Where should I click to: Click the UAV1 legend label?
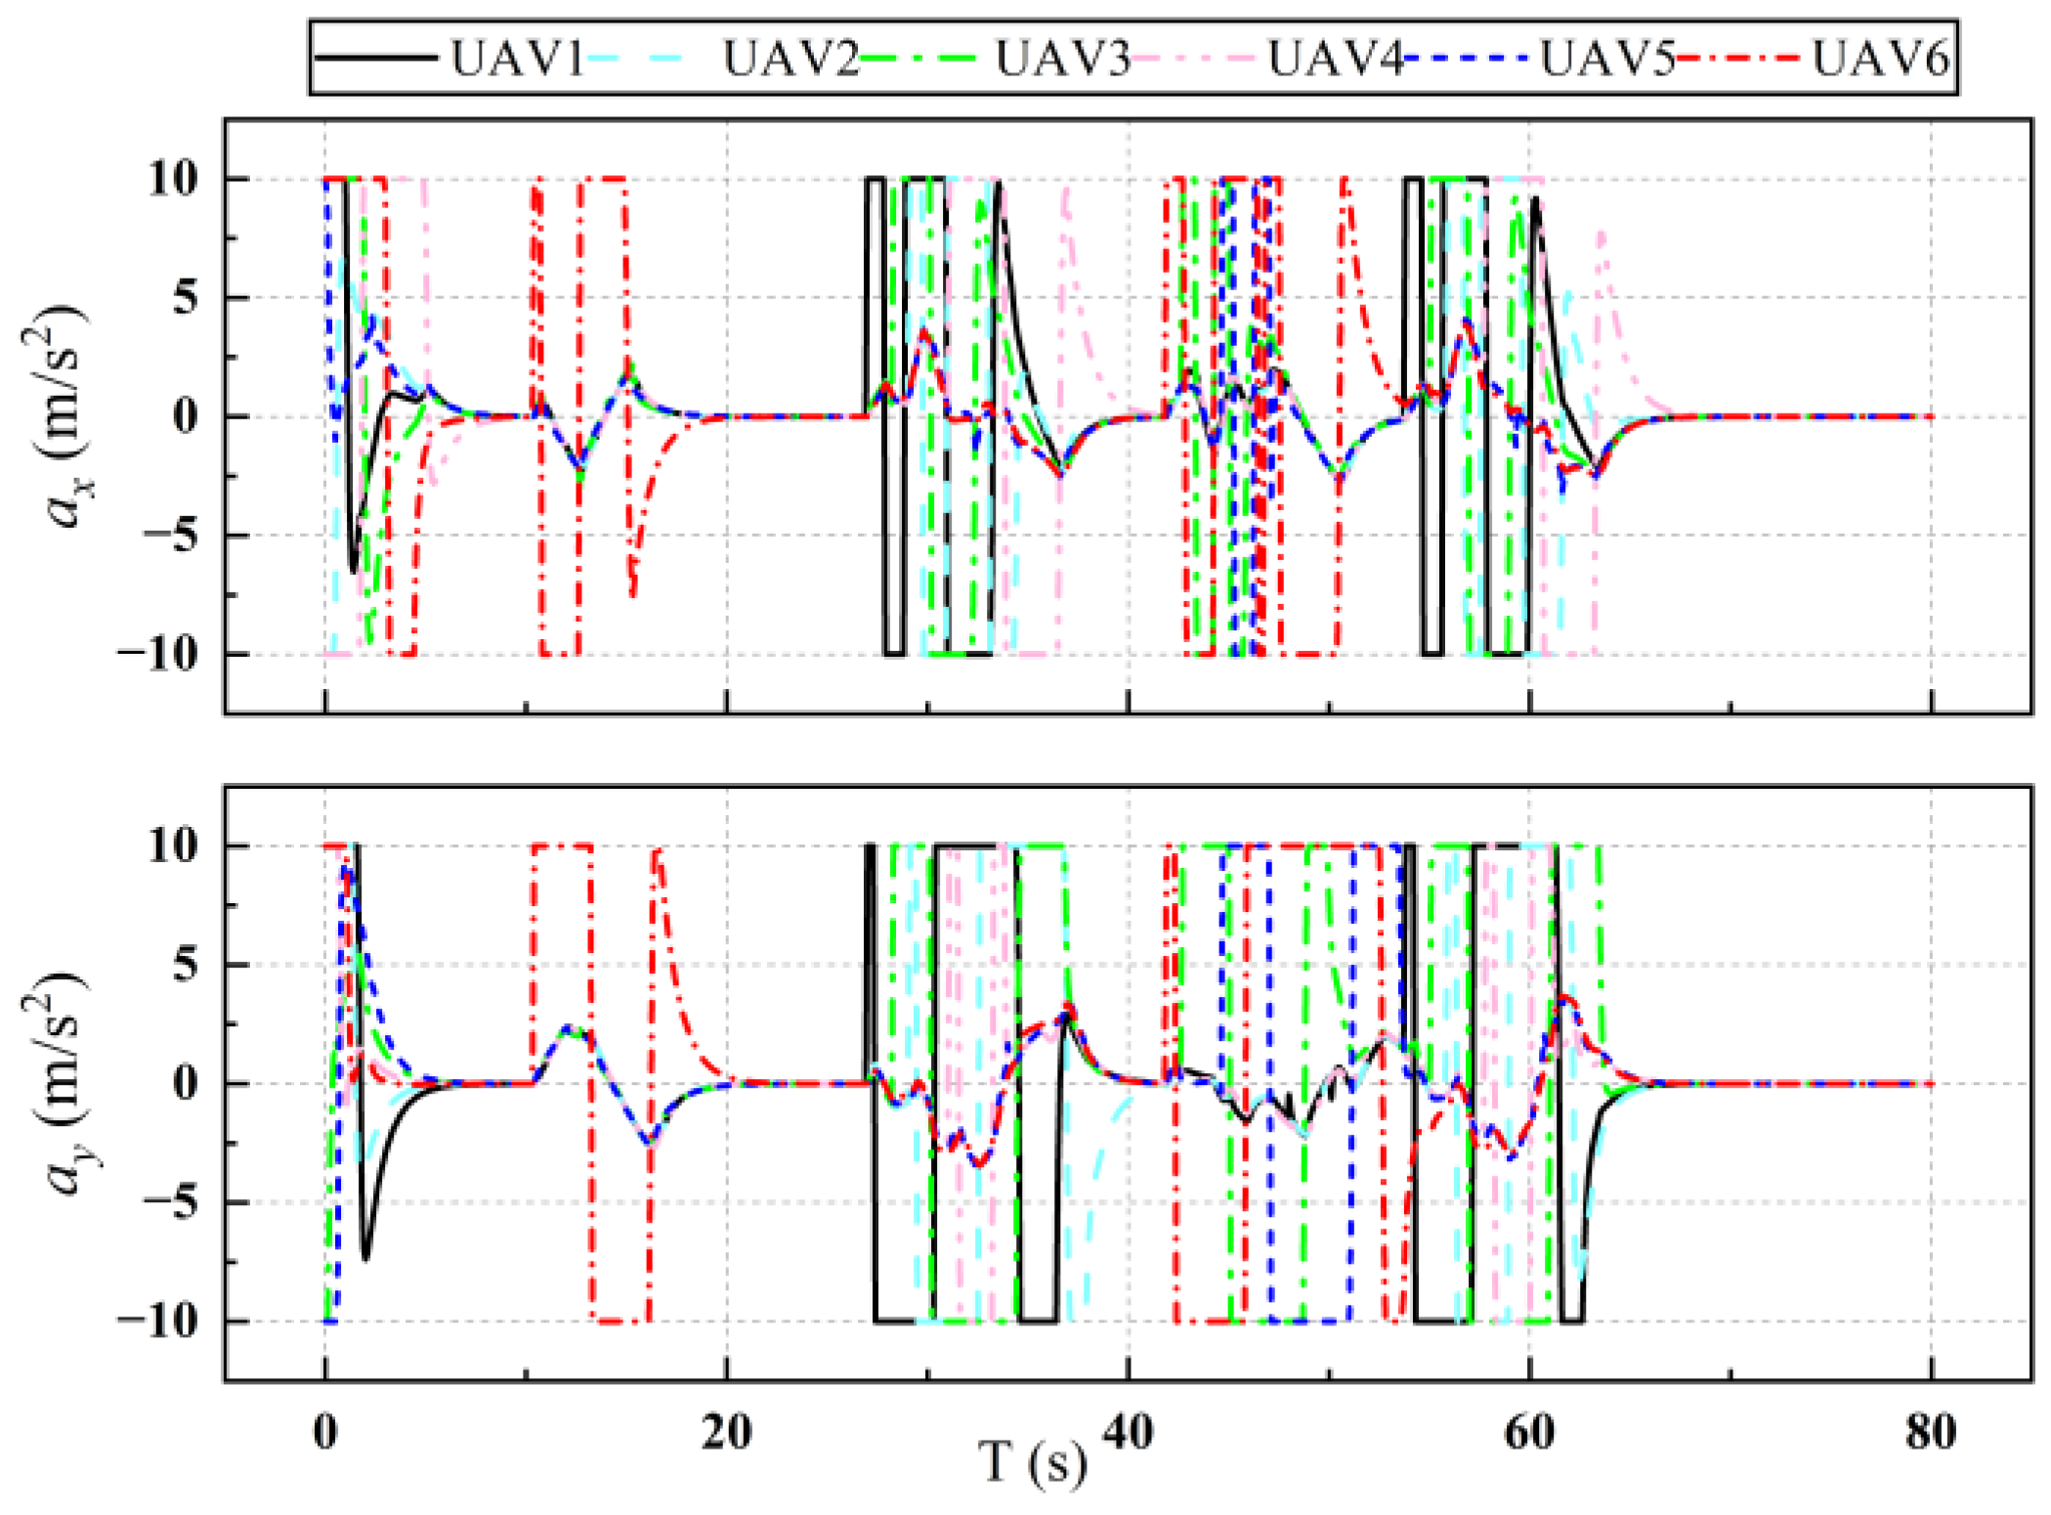point(517,59)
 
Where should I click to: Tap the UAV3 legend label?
point(1062,59)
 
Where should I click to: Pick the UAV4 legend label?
point(1335,59)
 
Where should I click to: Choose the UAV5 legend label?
point(1607,59)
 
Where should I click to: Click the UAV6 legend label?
point(1880,59)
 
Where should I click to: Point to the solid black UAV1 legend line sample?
point(376,59)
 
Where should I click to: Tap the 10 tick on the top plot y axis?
point(173,179)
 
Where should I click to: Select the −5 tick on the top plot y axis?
point(169,535)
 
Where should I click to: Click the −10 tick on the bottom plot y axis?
point(156,1320)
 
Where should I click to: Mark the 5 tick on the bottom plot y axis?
point(186,964)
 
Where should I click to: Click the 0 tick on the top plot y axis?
point(186,416)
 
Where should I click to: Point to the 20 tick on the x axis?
point(726,1433)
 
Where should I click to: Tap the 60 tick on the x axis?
point(1529,1433)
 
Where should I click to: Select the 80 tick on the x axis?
point(1931,1433)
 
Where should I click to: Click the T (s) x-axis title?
point(1033,1464)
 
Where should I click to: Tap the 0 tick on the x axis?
point(324,1433)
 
